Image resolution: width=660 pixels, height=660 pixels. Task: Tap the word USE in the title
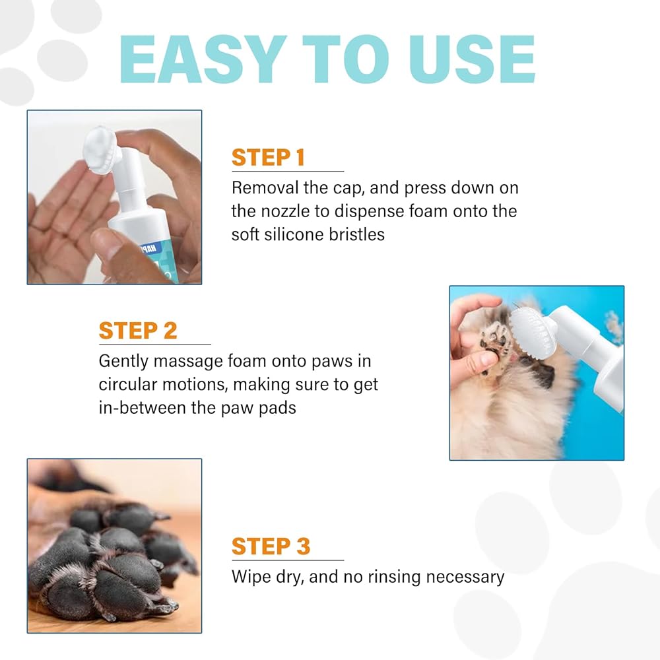click(x=472, y=59)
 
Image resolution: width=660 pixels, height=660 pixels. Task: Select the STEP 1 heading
click(x=268, y=158)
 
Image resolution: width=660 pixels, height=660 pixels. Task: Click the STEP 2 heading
click(x=138, y=331)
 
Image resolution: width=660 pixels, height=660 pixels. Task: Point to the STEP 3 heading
click(x=271, y=546)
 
